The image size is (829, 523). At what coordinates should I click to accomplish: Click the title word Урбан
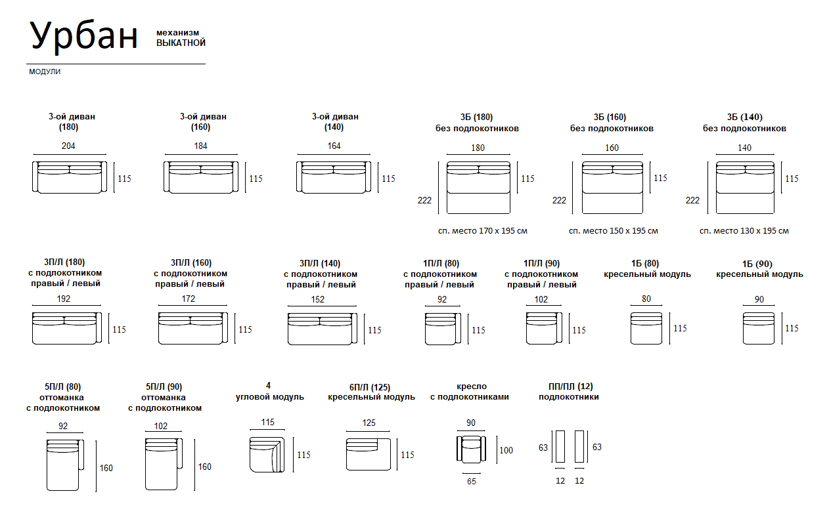85,35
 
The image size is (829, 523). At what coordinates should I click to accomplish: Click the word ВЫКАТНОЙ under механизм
181,43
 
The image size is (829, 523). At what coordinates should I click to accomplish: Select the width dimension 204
68,146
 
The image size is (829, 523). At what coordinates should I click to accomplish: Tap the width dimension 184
200,146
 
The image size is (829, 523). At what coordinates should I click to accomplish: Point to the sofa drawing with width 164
334,177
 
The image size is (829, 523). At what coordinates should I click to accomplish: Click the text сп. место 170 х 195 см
482,231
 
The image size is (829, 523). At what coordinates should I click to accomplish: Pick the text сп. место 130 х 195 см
744,231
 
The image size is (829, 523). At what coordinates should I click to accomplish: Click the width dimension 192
64,299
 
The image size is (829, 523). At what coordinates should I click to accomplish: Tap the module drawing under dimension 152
322,329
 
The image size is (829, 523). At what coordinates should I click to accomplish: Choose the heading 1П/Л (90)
541,263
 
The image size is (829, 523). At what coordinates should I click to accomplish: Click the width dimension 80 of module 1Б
646,299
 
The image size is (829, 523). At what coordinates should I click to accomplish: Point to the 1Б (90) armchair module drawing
759,329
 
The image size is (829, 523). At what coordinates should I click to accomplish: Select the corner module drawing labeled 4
266,454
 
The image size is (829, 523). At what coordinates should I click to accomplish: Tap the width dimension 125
369,423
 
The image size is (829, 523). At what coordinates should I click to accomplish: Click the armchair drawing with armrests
471,450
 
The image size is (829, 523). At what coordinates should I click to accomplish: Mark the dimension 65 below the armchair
472,482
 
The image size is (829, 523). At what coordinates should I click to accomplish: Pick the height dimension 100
506,450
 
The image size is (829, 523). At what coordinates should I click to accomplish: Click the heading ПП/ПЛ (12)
568,387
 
